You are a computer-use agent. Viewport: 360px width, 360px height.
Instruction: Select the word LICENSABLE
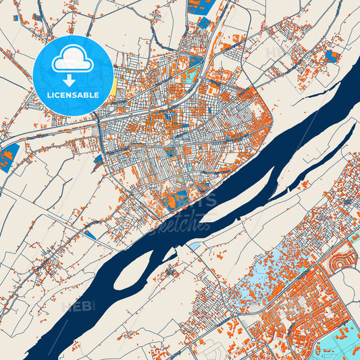[72, 95]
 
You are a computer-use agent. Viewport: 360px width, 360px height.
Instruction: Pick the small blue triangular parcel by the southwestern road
[89, 234]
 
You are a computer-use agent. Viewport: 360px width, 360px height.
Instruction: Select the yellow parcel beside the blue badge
[114, 84]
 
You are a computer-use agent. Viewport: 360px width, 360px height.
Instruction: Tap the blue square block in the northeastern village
[331, 55]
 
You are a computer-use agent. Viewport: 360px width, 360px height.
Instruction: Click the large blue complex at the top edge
[201, 6]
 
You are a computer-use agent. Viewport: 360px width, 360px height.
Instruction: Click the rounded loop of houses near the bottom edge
[301, 334]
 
